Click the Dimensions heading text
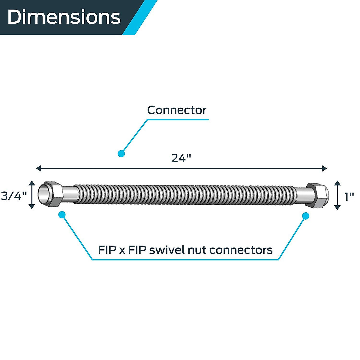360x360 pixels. pyautogui.click(x=64, y=17)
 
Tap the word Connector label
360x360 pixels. pyautogui.click(x=177, y=110)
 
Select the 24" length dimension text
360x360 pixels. pyautogui.click(x=181, y=158)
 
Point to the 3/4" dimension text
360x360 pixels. pyautogui.click(x=14, y=196)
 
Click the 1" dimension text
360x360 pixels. pyautogui.click(x=349, y=197)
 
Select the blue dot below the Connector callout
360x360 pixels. pyautogui.click(x=121, y=154)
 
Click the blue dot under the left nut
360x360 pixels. pyautogui.click(x=62, y=215)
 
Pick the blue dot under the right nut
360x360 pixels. pyautogui.click(x=306, y=216)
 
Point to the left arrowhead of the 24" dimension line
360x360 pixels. pyautogui.click(x=38, y=168)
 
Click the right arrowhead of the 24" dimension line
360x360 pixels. pyautogui.click(x=324, y=168)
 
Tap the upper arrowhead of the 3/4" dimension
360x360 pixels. pyautogui.click(x=32, y=183)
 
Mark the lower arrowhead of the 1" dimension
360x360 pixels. pyautogui.click(x=337, y=207)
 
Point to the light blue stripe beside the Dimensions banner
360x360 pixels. pyautogui.click(x=140, y=17)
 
